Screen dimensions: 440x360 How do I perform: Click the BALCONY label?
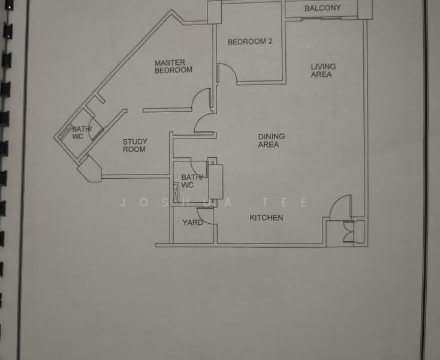[323, 8]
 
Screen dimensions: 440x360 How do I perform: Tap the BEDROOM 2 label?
[250, 41]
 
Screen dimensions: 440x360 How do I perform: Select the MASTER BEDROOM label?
[173, 66]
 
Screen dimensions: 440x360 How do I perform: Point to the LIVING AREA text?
[323, 70]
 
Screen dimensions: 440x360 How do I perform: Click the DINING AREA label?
[272, 140]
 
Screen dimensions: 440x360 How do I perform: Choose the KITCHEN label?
[266, 218]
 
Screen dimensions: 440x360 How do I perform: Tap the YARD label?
[192, 223]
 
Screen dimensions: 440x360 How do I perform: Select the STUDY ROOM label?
[135, 145]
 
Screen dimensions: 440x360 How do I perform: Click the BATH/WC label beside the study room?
[82, 133]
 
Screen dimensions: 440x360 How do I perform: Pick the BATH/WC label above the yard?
[192, 181]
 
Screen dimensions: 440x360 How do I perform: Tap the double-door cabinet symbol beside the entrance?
[349, 232]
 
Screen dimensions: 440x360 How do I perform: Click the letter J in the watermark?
[123, 202]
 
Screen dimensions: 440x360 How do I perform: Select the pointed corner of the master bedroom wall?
[171, 10]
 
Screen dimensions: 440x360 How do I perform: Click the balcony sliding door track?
[321, 19]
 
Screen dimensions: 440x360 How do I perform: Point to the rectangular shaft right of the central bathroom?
[216, 182]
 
